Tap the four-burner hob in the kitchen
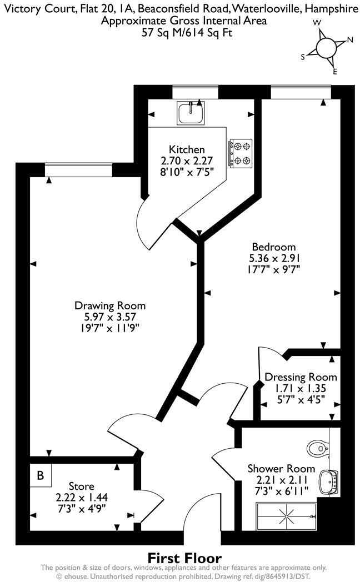(240, 153)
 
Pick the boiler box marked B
(40, 475)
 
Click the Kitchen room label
(187, 149)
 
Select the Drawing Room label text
(110, 305)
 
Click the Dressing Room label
(301, 377)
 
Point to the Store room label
(82, 486)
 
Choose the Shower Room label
(281, 469)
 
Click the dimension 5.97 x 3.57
(110, 317)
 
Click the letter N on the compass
(350, 40)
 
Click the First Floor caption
(184, 558)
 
